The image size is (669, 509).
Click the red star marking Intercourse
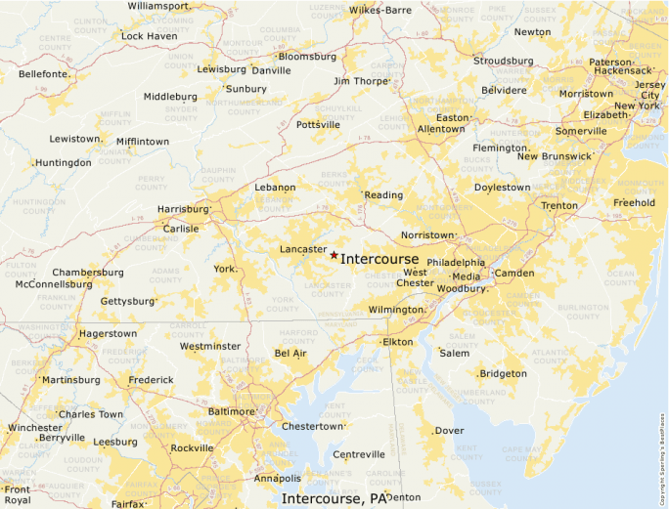tap(334, 255)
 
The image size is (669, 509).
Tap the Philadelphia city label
tap(456, 263)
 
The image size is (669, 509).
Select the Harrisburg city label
tap(183, 209)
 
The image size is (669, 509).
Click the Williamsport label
tap(157, 6)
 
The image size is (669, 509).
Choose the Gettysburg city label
tap(127, 301)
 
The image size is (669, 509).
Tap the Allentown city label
tap(441, 129)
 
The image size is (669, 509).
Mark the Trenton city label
tap(559, 206)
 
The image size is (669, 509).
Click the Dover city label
tap(449, 431)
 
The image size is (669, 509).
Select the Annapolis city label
tap(278, 479)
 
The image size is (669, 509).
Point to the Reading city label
tap(383, 195)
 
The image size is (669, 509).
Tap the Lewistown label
tap(75, 139)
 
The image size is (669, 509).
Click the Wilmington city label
tap(395, 310)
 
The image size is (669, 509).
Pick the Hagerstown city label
tap(108, 334)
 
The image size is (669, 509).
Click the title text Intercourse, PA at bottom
tap(334, 499)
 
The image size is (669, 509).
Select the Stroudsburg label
tap(504, 61)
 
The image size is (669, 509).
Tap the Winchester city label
tap(34, 428)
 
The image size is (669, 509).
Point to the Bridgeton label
tap(504, 374)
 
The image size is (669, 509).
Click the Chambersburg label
tap(90, 273)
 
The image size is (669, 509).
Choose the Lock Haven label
tap(149, 36)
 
